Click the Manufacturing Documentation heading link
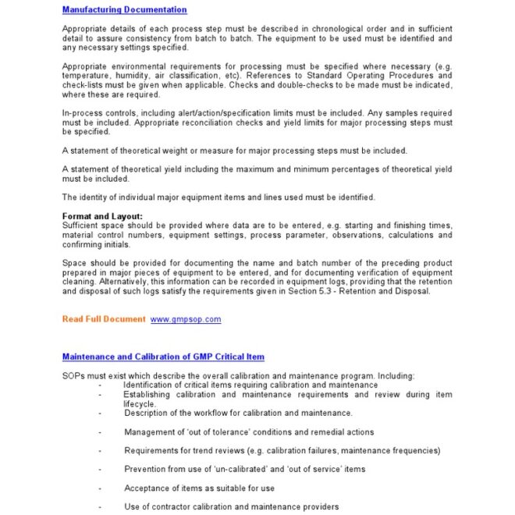[x=124, y=10]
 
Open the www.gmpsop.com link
[x=185, y=319]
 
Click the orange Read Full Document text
[x=104, y=319]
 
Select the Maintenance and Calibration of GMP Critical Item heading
[x=163, y=357]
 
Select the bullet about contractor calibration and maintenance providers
[x=231, y=506]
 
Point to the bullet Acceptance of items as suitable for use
[x=199, y=488]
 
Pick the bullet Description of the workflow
[x=237, y=413]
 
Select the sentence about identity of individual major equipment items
[x=218, y=197]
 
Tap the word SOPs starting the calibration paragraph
[x=73, y=375]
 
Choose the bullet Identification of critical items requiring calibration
[x=250, y=385]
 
